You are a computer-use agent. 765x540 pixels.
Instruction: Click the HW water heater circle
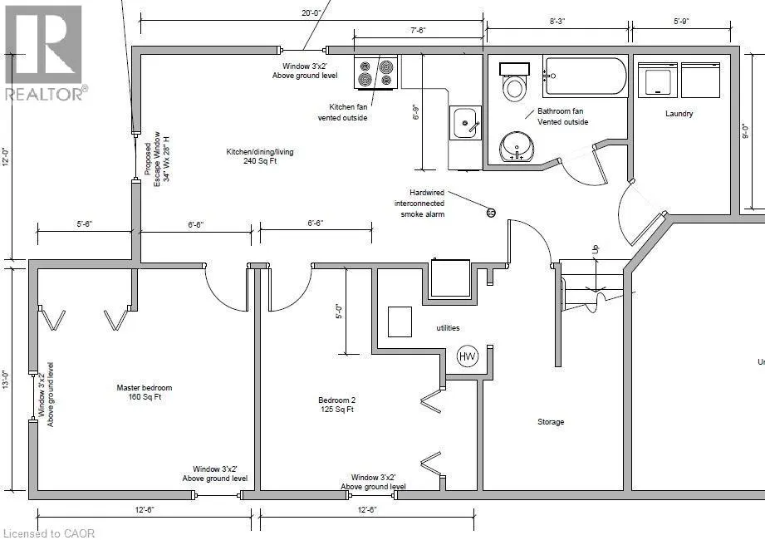click(468, 357)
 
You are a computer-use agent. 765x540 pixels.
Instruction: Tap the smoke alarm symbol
click(491, 213)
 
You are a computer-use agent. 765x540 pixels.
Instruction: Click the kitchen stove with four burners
click(375, 73)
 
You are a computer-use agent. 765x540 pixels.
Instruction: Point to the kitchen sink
click(466, 124)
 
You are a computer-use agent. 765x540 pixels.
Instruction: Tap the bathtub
click(586, 76)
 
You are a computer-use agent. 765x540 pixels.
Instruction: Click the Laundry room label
click(679, 114)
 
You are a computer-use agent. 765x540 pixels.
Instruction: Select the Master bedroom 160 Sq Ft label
click(145, 392)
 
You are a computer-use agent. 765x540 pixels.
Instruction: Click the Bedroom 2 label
click(337, 404)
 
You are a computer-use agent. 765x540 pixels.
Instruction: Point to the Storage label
click(550, 422)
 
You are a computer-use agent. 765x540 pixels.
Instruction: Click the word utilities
click(447, 328)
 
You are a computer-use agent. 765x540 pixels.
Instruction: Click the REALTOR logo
click(43, 52)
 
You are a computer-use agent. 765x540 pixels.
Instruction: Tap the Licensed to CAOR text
click(49, 533)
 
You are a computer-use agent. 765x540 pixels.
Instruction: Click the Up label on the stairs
click(594, 248)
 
